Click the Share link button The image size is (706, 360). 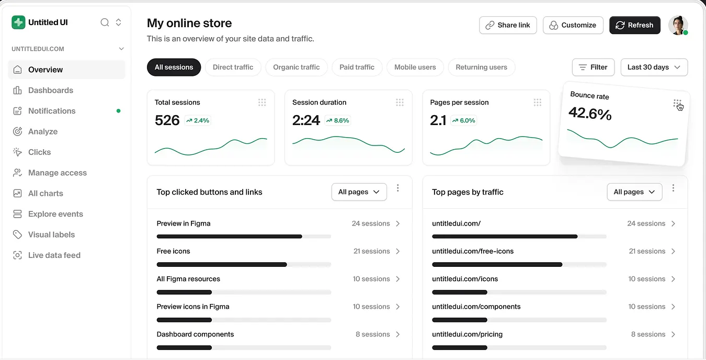(x=508, y=25)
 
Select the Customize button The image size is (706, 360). (x=573, y=25)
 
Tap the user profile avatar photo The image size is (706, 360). (x=678, y=25)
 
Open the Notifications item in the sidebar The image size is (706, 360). (x=52, y=111)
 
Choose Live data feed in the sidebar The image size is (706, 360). (x=54, y=255)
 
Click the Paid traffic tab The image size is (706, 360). (x=357, y=67)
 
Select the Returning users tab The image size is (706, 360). (x=481, y=67)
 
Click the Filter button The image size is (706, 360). (x=593, y=67)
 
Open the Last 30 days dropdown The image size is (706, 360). (x=654, y=67)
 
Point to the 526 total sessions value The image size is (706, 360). (x=167, y=120)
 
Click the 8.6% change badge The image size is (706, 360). (x=337, y=120)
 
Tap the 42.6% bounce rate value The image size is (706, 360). (x=590, y=113)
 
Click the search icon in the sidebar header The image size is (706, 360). (x=105, y=22)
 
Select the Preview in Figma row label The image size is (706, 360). (x=184, y=223)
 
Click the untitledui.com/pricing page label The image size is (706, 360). (x=467, y=334)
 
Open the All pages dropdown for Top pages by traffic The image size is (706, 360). (x=634, y=192)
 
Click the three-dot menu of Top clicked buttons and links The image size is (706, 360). (x=398, y=188)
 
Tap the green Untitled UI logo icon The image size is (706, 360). (x=18, y=22)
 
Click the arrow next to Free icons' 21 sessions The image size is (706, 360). (x=398, y=251)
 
